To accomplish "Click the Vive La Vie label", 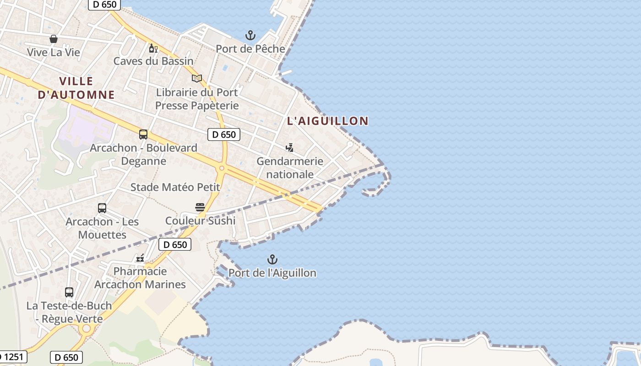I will coord(53,52).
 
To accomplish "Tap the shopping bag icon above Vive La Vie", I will coord(54,39).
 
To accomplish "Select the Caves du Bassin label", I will coord(153,61).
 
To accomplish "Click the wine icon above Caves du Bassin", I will coord(153,48).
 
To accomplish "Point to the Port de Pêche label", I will coord(250,48).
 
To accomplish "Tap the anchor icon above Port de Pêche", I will coord(250,35).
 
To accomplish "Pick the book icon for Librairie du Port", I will coord(197,79).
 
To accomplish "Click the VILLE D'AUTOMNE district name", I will coord(76,88).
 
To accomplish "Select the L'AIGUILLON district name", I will coord(327,121).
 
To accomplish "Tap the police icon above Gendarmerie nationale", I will coord(289,147).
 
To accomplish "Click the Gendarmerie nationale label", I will coord(290,167).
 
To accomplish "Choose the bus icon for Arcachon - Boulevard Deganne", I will coord(143,135).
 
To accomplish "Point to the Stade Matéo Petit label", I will coord(175,187).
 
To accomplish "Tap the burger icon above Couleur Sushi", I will coord(200,207).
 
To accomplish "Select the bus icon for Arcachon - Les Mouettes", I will coord(102,208).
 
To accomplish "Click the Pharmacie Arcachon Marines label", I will coord(140,278).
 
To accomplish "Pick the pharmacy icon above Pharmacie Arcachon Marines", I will coord(140,258).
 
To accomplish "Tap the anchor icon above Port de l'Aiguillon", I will coord(272,260).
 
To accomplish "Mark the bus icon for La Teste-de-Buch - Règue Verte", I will coord(69,292).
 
